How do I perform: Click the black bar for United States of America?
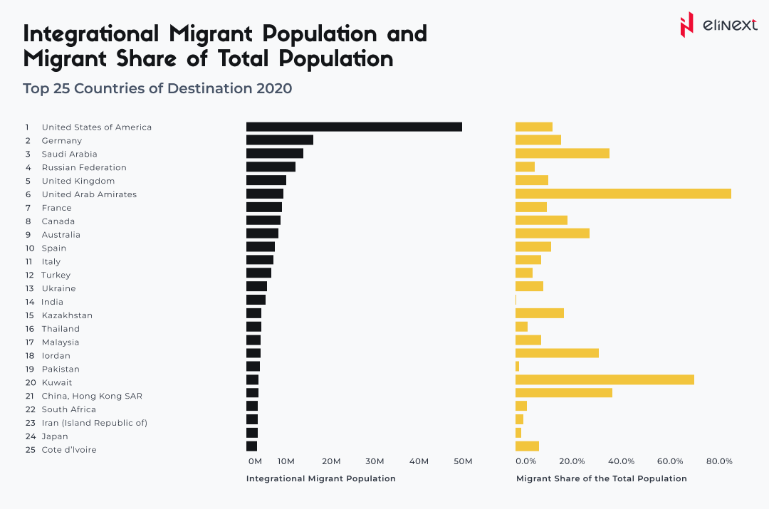coord(354,127)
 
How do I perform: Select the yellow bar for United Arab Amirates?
coord(623,194)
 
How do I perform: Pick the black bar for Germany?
coord(280,140)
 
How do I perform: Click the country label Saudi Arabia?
coord(69,154)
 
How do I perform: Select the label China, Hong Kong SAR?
coord(92,396)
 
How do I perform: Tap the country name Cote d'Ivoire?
coord(69,450)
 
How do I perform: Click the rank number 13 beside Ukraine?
coord(29,288)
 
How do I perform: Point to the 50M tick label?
coord(463,461)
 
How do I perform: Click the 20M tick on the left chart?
coord(331,461)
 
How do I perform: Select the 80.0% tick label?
coord(719,461)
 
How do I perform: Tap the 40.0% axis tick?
coord(621,461)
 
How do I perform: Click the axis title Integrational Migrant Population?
coord(320,478)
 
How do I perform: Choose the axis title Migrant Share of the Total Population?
coord(601,478)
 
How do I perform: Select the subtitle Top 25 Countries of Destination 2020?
coord(157,89)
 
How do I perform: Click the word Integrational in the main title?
coord(92,34)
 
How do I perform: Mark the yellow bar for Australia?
coord(553,234)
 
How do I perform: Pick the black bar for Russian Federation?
coord(271,167)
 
